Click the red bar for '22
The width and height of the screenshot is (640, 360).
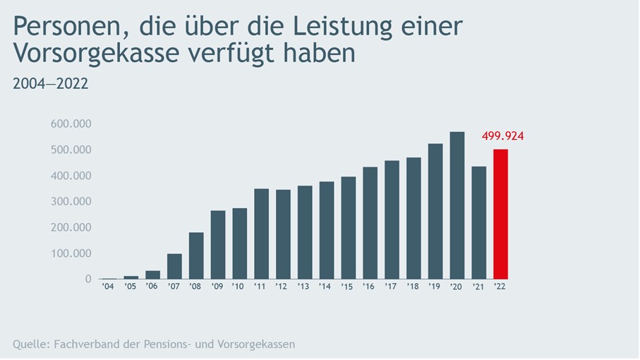tap(500, 214)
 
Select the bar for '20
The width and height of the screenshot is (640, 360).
tap(457, 205)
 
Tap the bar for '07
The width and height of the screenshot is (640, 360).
tap(174, 266)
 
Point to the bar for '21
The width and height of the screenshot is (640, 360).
tap(479, 222)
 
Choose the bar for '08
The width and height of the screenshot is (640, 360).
tap(196, 256)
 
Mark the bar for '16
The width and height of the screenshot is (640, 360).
tap(370, 222)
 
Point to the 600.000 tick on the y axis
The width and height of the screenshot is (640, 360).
tap(71, 124)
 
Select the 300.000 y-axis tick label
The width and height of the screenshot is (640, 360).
tap(71, 202)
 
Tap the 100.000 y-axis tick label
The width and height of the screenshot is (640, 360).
tap(71, 253)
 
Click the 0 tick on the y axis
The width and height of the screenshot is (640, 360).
tap(88, 279)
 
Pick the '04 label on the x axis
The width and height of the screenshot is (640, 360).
tap(109, 287)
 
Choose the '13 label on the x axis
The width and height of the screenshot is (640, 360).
tap(304, 287)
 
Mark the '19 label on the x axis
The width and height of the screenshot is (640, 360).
tap(435, 287)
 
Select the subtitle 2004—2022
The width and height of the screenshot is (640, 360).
tap(50, 84)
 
